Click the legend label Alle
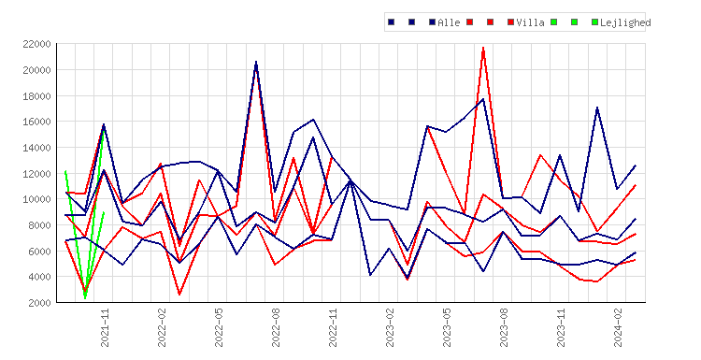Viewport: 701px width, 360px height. coord(449,22)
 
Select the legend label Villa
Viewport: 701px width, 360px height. coord(530,22)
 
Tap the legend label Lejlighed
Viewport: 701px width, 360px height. coord(625,22)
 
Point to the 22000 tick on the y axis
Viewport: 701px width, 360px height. coord(37,44)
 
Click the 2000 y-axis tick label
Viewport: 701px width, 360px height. coord(40,303)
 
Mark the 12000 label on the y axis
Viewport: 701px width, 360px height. coord(37,174)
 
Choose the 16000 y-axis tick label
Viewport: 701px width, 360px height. coord(37,122)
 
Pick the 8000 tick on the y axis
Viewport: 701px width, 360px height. coord(40,225)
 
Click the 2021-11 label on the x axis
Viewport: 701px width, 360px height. coord(105,327)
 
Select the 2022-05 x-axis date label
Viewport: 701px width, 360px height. coord(219,327)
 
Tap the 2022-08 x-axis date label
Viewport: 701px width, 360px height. coord(276,327)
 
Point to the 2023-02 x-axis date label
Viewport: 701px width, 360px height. coord(390,327)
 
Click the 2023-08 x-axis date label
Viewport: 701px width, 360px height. coord(504,327)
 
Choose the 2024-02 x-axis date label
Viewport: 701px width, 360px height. coord(618,327)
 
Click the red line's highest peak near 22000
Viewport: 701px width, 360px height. coord(483,48)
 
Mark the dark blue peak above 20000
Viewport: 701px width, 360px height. coord(256,62)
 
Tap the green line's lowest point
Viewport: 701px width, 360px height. coord(85,298)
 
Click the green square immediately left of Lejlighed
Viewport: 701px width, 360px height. coord(594,22)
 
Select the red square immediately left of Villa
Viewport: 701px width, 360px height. coord(510,22)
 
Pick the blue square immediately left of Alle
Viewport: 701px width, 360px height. coord(432,22)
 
